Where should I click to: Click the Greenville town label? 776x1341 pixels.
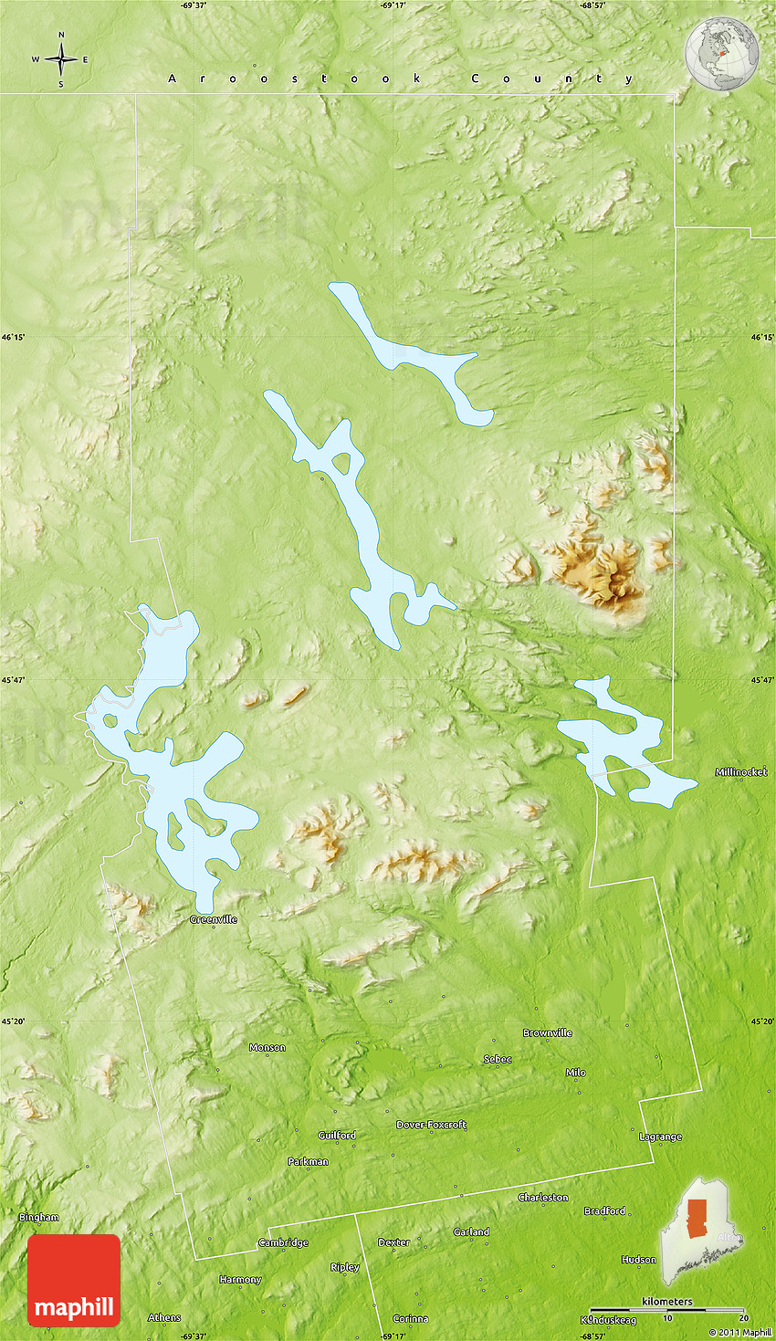[214, 919]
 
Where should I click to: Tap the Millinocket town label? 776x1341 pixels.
[741, 772]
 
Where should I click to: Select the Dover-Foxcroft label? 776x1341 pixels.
[431, 1125]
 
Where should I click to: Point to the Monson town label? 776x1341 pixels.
[267, 1047]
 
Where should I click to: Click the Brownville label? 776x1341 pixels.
[548, 1032]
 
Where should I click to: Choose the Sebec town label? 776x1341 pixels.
[498, 1059]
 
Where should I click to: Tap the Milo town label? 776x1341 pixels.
[575, 1073]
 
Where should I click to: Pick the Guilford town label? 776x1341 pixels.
[337, 1135]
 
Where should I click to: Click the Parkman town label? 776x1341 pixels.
[308, 1161]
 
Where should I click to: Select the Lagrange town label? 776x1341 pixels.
[660, 1137]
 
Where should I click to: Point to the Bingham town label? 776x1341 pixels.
[39, 1217]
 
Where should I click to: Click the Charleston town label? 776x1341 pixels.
[543, 1197]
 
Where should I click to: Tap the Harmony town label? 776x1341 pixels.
[240, 1279]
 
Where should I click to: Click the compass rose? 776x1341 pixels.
[61, 60]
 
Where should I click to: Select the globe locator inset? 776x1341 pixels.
[721, 55]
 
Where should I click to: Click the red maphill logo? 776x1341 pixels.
[74, 1280]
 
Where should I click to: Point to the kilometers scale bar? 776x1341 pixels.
[666, 1309]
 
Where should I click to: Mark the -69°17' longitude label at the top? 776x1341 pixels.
[393, 5]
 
